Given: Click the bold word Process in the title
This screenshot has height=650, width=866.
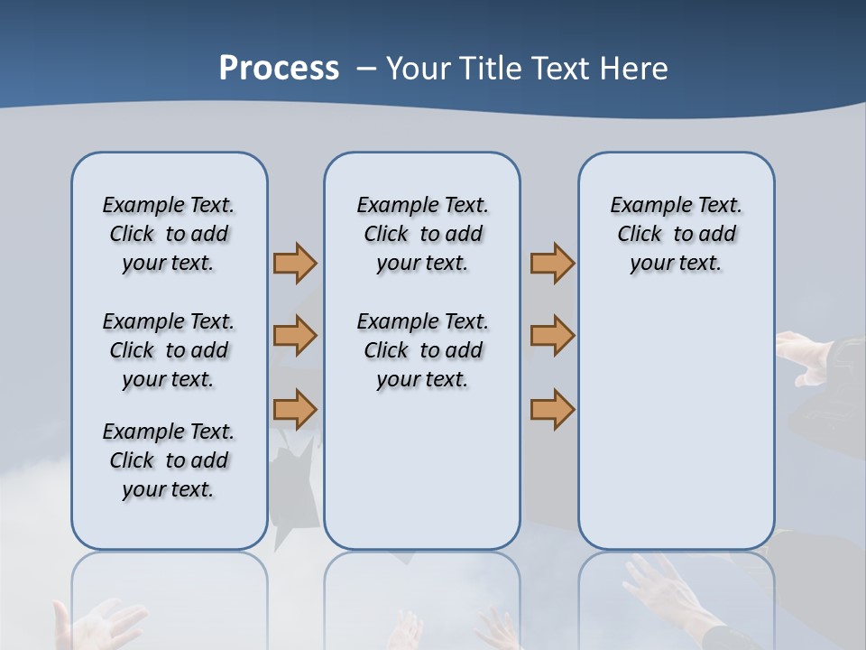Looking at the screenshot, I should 279,69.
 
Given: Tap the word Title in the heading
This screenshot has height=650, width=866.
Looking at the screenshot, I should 493,69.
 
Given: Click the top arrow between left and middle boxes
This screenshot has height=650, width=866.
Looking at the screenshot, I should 295,263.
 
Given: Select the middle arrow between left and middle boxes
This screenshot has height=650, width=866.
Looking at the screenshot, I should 295,336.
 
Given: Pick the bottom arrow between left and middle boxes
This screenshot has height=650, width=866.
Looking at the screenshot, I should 295,409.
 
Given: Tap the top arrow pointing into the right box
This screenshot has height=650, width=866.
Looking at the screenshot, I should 552,263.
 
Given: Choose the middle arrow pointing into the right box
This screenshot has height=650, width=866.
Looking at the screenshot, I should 552,336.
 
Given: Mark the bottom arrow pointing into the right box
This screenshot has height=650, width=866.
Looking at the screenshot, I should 552,409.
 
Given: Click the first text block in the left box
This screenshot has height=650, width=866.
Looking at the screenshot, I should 169,234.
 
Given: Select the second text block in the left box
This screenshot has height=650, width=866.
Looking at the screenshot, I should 169,350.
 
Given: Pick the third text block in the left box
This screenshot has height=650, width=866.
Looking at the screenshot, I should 169,460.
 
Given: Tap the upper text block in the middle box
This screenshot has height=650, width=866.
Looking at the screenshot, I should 422,234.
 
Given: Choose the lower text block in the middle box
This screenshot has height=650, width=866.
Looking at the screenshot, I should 422,350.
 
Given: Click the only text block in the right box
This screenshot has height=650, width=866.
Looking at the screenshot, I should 676,234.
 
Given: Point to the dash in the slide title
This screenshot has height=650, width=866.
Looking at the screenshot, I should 366,69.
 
